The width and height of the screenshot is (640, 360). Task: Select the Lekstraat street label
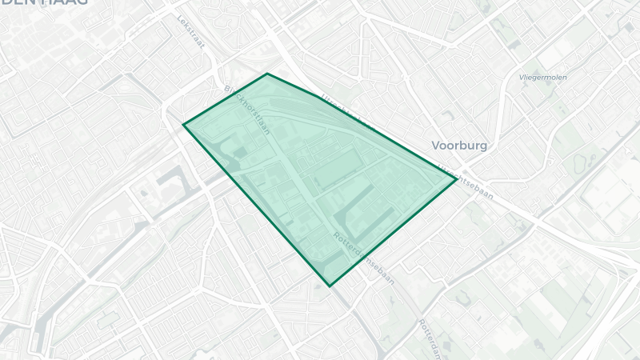tap(191, 33)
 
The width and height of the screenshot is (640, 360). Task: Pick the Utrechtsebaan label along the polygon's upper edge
tap(346, 112)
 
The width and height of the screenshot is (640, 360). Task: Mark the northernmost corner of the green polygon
tap(267, 74)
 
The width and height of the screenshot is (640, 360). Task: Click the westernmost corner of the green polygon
tap(184, 124)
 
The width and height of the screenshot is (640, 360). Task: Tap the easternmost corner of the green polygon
tap(456, 179)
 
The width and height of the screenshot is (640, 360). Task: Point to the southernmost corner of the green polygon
tap(329, 286)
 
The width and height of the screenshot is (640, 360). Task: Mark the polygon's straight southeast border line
tap(392, 233)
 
